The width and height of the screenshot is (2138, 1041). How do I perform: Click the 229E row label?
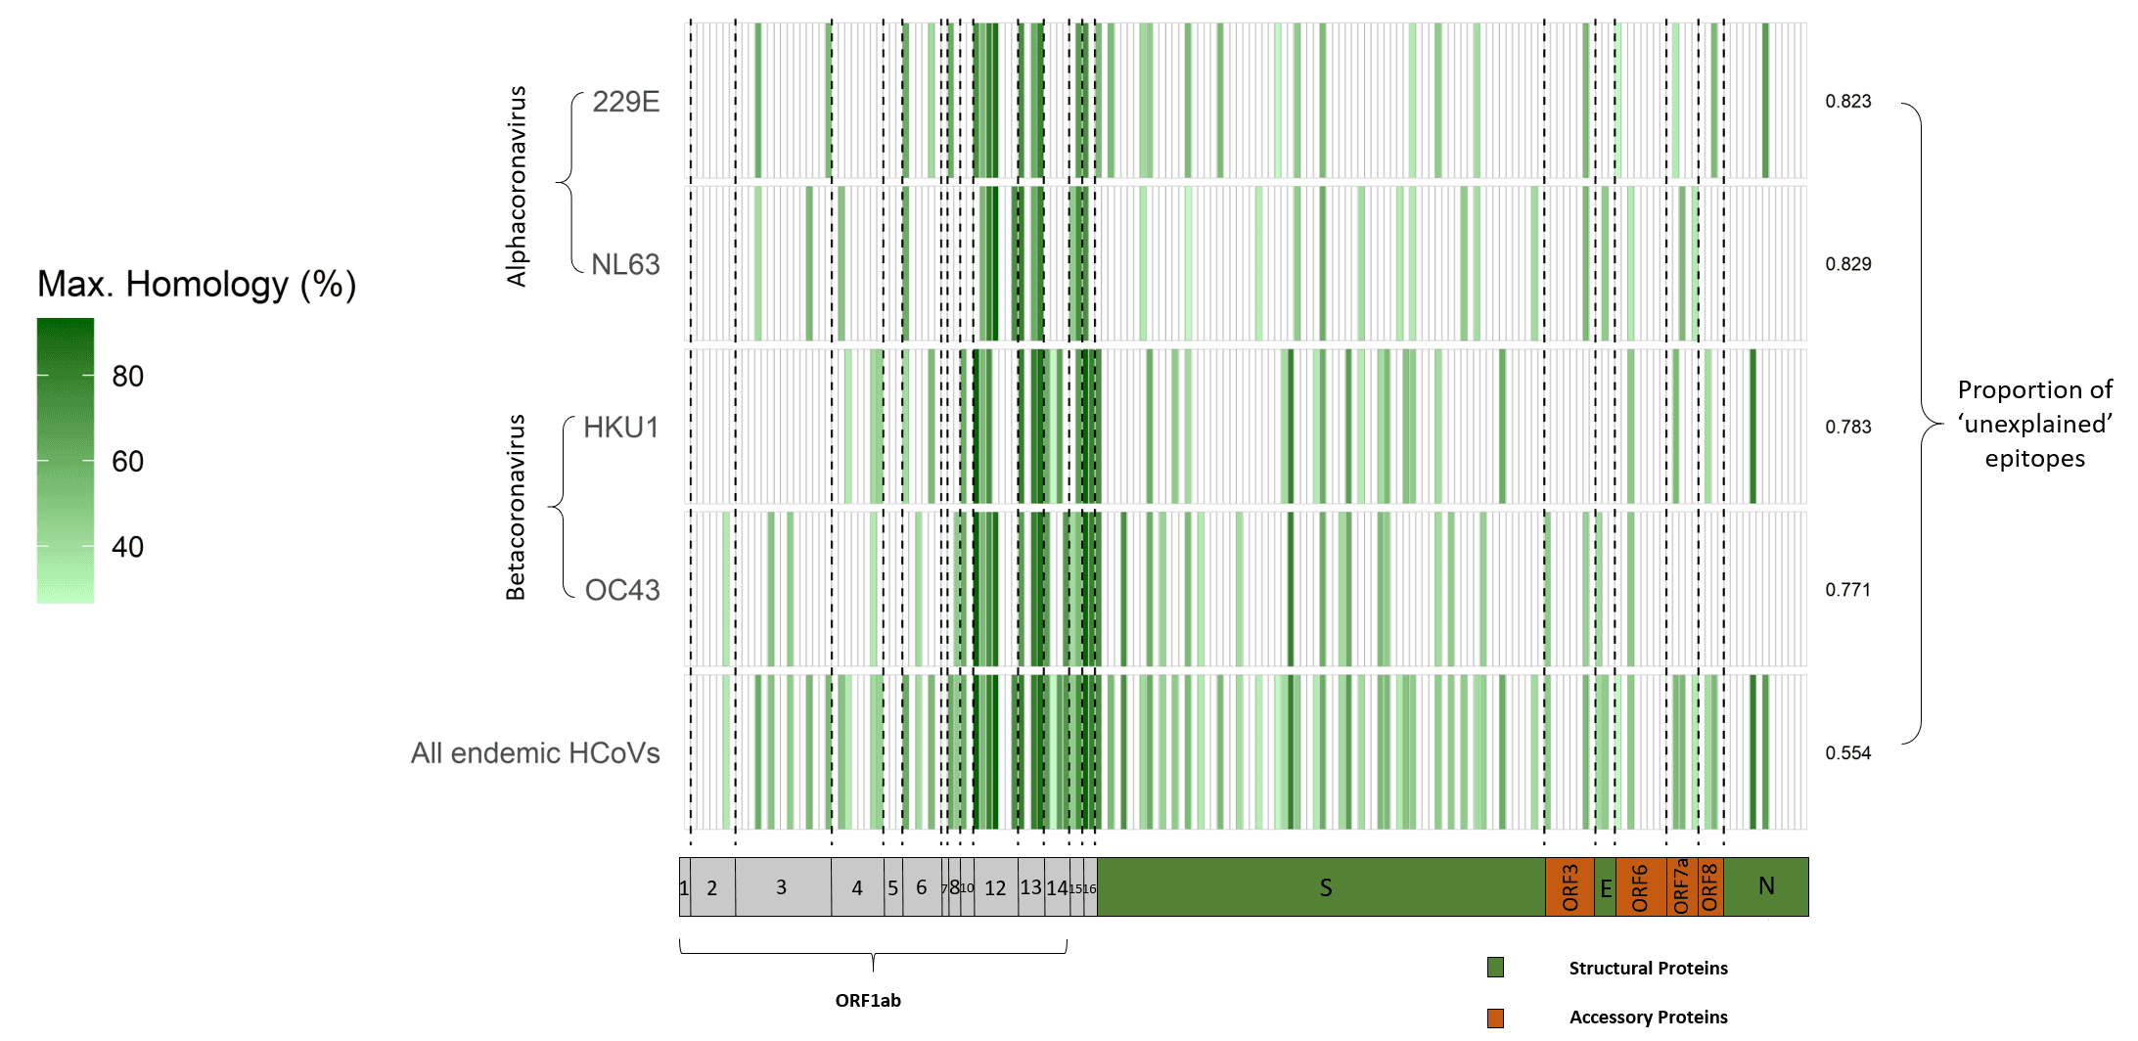(625, 102)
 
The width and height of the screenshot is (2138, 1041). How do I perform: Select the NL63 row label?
(625, 264)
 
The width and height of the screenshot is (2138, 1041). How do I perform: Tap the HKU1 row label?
(621, 428)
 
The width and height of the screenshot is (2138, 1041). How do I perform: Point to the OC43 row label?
(622, 590)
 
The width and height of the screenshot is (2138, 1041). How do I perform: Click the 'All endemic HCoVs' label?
(535, 753)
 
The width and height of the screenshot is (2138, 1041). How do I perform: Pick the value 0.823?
(1847, 102)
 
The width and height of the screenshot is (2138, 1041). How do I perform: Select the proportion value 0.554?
(1847, 753)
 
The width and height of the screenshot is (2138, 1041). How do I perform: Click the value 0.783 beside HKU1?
(1847, 428)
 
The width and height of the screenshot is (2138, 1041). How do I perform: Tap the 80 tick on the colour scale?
(127, 377)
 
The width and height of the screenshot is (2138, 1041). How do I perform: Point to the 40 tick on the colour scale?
(127, 547)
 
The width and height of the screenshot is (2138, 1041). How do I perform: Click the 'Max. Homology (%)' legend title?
(197, 285)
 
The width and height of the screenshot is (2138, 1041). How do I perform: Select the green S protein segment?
(1325, 887)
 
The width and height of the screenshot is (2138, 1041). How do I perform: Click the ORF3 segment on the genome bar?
(1569, 887)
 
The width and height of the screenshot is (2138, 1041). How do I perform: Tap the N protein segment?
(1765, 886)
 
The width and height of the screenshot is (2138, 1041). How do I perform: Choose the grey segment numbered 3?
(781, 887)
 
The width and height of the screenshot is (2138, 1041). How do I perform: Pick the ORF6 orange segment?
(1640, 887)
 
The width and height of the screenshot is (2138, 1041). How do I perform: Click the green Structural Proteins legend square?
(1495, 968)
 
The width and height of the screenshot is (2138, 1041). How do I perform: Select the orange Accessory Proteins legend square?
(1495, 1018)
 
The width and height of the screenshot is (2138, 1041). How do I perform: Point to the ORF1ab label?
(868, 1000)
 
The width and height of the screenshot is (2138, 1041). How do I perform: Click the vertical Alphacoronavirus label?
(516, 186)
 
